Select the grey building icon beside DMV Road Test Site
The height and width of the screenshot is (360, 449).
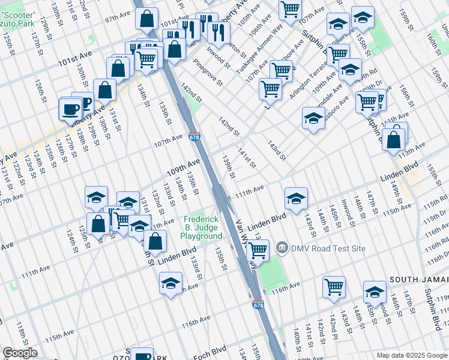coord(280,247)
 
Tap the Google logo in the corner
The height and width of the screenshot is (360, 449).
coord(20,353)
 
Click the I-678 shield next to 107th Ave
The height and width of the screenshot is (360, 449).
coord(194,137)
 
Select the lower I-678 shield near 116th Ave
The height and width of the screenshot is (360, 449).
coord(258,305)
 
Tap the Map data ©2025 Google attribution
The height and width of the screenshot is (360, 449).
coord(412,355)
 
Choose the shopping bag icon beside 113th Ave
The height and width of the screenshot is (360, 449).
coord(394,139)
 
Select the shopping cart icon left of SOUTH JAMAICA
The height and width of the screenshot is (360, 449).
coord(334,287)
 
